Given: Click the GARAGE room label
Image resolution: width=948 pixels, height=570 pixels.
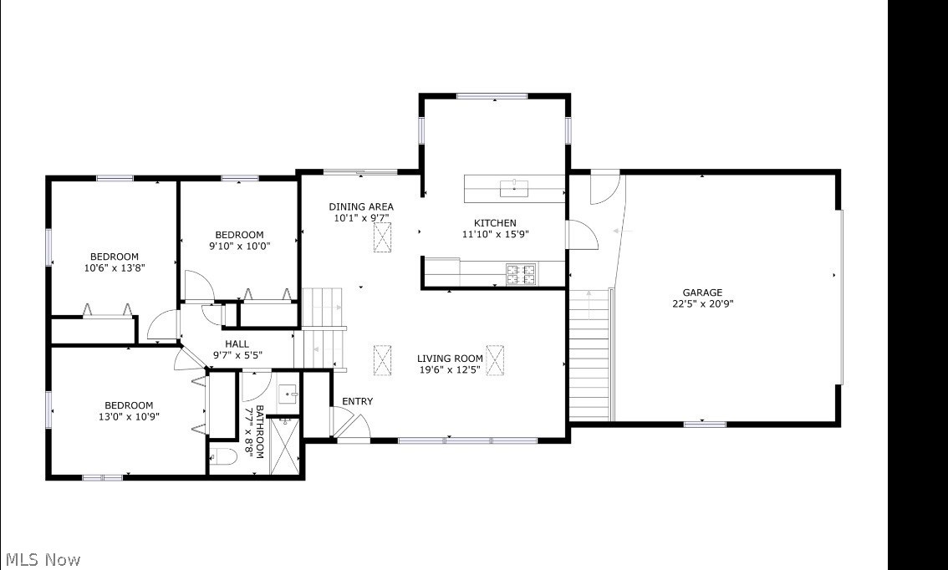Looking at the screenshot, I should pos(701,293).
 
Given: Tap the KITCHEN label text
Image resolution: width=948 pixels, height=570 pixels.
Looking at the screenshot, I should pos(495,223).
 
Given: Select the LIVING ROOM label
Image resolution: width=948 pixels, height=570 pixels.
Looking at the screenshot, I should pos(450,359).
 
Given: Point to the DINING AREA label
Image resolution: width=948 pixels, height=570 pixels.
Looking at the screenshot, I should pos(360,207).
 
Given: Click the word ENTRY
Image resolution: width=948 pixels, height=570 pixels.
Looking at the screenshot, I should pos(357,402).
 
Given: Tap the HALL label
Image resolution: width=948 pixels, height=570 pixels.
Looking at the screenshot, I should pos(237,344).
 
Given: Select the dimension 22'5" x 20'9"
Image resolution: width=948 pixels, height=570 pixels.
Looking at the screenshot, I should pos(701,304).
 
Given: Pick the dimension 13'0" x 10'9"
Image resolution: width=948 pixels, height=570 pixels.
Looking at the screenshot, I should pos(129,417).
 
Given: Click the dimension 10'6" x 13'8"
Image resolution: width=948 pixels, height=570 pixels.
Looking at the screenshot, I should pos(115,268).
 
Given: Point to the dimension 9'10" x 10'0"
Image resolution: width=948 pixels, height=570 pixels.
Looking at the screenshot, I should pos(239,246).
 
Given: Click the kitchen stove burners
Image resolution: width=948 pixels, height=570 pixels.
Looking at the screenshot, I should pos(521,272).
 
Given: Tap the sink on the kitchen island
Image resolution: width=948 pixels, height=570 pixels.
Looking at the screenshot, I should pos(513,188).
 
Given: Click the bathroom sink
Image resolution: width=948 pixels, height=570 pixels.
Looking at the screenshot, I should pos(288,393).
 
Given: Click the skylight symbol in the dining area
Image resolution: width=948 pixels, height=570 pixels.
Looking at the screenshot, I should pos(383,239).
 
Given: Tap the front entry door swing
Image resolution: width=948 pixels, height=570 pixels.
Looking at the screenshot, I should pos(349,422).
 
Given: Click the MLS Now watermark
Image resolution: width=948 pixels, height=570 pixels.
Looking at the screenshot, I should pos(43,559).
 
